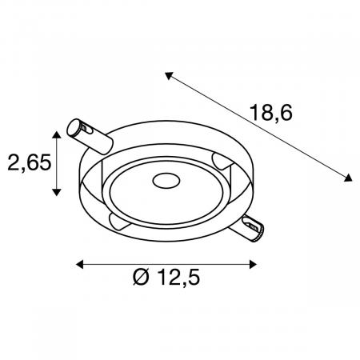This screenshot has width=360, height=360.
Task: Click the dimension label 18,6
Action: pos(271,113)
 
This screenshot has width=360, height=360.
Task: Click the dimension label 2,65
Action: pos(30,162)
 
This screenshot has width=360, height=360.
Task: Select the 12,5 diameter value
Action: pos(179,277)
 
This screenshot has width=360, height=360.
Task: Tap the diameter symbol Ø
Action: pos(141,277)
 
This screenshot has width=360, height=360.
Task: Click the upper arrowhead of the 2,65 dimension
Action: pos(56,134)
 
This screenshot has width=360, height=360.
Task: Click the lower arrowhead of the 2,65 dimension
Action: pos(56,192)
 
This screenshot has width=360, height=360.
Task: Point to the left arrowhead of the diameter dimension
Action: pos(80,265)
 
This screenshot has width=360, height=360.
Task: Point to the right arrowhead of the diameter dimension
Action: pos(253,265)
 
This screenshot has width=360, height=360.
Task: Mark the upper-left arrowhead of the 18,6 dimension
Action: pos(169,75)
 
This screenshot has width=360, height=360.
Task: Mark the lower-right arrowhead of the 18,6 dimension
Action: pos(348,178)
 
